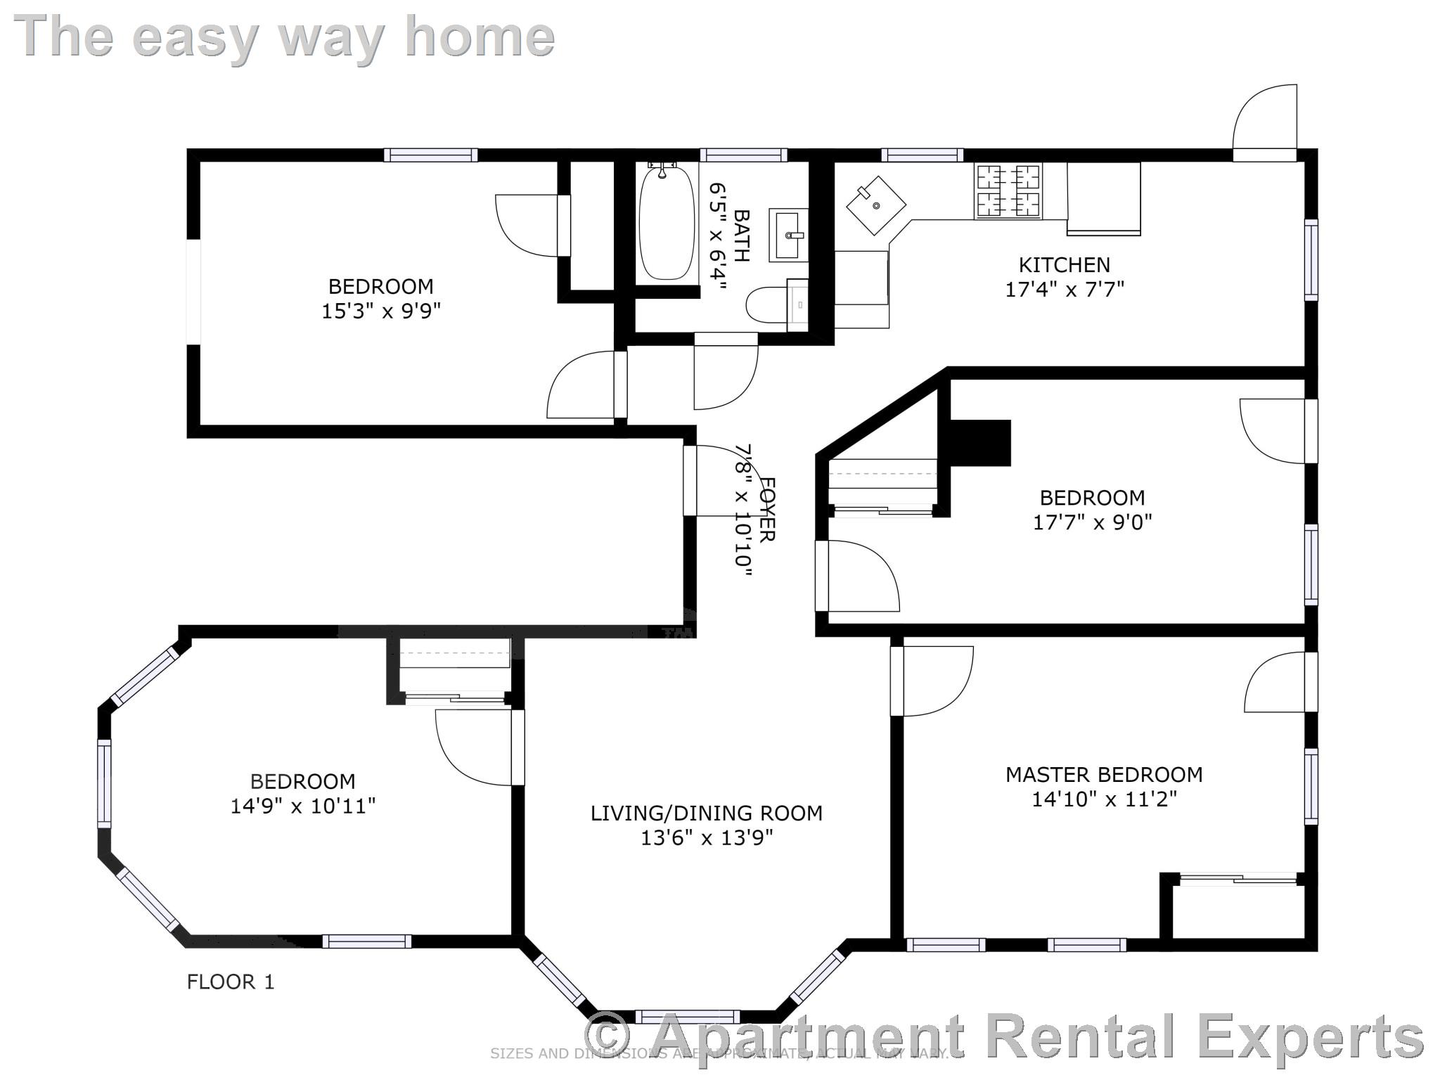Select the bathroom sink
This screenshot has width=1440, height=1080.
click(x=788, y=235)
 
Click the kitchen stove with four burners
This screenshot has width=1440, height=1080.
click(x=1008, y=191)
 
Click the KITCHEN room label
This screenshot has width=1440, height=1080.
click(x=1065, y=265)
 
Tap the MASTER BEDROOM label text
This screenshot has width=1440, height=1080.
click(x=1104, y=775)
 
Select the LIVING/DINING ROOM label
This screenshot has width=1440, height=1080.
click(x=706, y=814)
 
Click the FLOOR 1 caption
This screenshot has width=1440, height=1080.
click(x=231, y=982)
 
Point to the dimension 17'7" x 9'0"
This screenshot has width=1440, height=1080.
click(x=1092, y=522)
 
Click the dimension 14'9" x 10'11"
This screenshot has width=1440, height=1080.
click(x=303, y=806)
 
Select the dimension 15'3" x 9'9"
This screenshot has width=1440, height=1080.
click(x=381, y=311)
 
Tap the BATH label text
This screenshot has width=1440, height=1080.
click(x=741, y=236)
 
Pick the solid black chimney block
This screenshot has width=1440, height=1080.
click(x=980, y=443)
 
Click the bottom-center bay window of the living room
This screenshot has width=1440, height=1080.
click(x=687, y=1017)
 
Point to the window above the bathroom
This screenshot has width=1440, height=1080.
click(x=743, y=155)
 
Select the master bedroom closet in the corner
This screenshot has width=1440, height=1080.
click(x=1237, y=911)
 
